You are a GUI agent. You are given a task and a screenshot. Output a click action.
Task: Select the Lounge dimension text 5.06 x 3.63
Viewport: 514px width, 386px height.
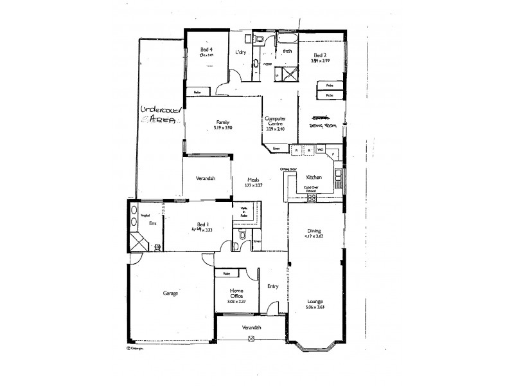(315, 308)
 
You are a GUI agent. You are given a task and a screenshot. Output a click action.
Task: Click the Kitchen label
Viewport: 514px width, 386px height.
(314, 176)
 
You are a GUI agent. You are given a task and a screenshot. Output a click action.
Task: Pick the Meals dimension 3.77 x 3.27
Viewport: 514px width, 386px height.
(254, 185)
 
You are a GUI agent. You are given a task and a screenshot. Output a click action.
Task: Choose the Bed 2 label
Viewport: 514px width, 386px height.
(319, 55)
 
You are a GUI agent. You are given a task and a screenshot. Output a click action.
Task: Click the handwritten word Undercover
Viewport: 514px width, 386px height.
(161, 111)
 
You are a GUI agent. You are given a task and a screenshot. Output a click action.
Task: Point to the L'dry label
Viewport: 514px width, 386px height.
(242, 53)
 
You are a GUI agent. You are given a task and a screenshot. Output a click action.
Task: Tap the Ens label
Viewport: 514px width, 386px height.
(152, 223)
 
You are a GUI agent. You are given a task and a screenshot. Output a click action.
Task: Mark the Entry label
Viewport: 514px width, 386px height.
(272, 286)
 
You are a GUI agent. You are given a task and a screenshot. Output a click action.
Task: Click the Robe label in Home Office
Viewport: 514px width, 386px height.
(227, 274)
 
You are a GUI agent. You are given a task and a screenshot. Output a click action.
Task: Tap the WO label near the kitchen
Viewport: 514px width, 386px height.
(320, 150)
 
